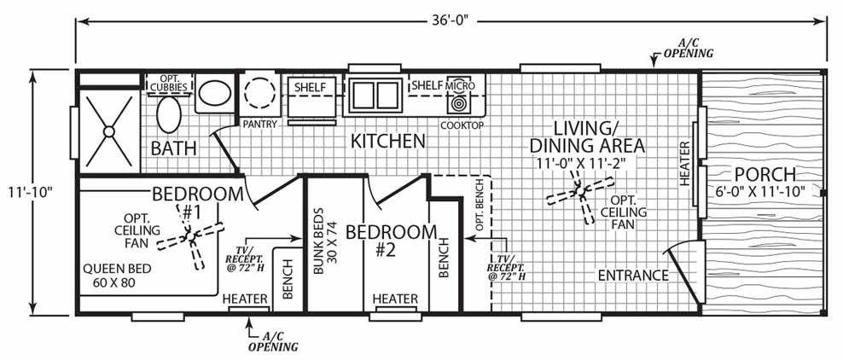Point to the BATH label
click(x=174, y=148)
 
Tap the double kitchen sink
click(x=373, y=94)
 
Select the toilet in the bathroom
click(x=171, y=114)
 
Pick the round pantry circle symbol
click(x=258, y=93)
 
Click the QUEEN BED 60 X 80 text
click(x=117, y=275)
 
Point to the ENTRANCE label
click(x=632, y=276)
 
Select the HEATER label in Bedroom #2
click(x=395, y=299)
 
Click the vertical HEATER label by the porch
click(x=685, y=164)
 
